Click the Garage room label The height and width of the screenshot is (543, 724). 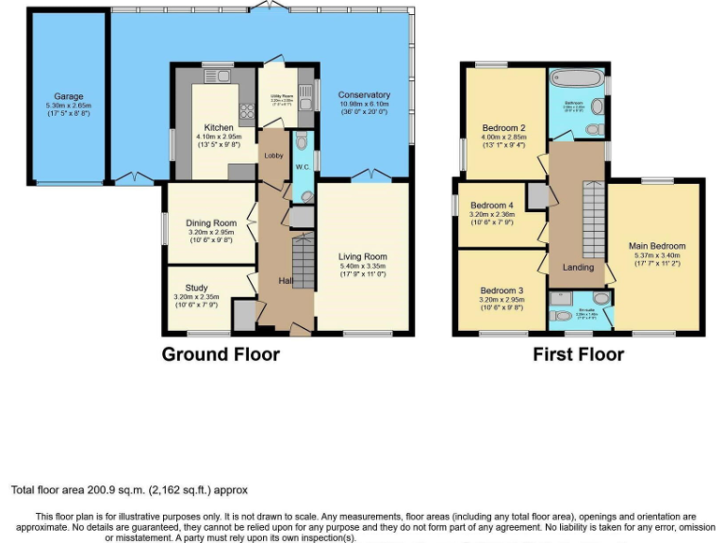pyautogui.click(x=69, y=96)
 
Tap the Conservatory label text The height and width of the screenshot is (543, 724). pyautogui.click(x=364, y=95)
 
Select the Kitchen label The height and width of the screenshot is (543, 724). pyautogui.click(x=219, y=128)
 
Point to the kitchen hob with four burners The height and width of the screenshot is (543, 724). pyautogui.click(x=247, y=113)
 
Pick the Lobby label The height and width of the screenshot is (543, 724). pyautogui.click(x=274, y=156)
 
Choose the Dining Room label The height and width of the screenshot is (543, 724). pyautogui.click(x=211, y=222)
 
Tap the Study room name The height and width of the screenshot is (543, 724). pyautogui.click(x=196, y=288)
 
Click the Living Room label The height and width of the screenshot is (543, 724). pyautogui.click(x=363, y=256)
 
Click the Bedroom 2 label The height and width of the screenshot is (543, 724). pyautogui.click(x=503, y=128)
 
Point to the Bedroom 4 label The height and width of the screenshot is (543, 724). pyautogui.click(x=492, y=206)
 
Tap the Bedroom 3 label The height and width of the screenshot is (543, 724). pyautogui.click(x=501, y=290)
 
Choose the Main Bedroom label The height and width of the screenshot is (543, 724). pyautogui.click(x=657, y=247)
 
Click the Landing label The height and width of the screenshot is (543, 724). pyautogui.click(x=578, y=267)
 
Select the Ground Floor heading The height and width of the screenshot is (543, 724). pyautogui.click(x=221, y=354)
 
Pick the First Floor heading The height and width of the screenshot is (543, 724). pyautogui.click(x=578, y=354)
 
